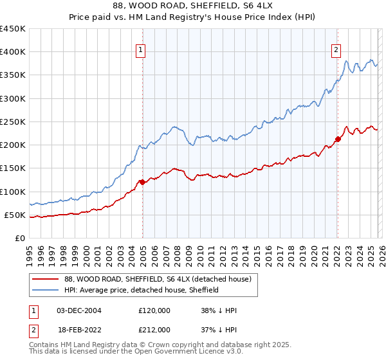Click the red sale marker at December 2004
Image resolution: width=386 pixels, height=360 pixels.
pos(142,182)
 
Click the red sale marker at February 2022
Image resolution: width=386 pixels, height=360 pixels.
pos(338,139)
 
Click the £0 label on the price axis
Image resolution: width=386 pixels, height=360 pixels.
pos(19,238)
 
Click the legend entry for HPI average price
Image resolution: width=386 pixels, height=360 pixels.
pos(142,290)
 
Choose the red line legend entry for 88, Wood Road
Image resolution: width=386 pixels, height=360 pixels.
pos(161,278)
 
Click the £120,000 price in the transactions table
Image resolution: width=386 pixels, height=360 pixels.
pos(154,310)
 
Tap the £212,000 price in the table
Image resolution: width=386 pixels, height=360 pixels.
pos(154,330)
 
